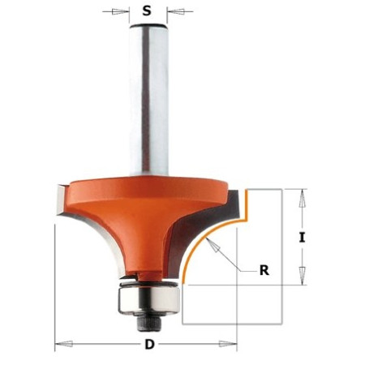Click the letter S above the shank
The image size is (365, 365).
click(147, 11)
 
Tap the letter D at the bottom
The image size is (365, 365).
click(149, 344)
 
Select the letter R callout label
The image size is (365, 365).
click(264, 270)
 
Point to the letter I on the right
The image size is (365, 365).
click(302, 238)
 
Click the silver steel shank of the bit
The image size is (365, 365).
click(148, 100)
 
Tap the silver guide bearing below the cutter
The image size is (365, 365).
click(148, 300)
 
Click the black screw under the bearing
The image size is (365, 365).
click(149, 324)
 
